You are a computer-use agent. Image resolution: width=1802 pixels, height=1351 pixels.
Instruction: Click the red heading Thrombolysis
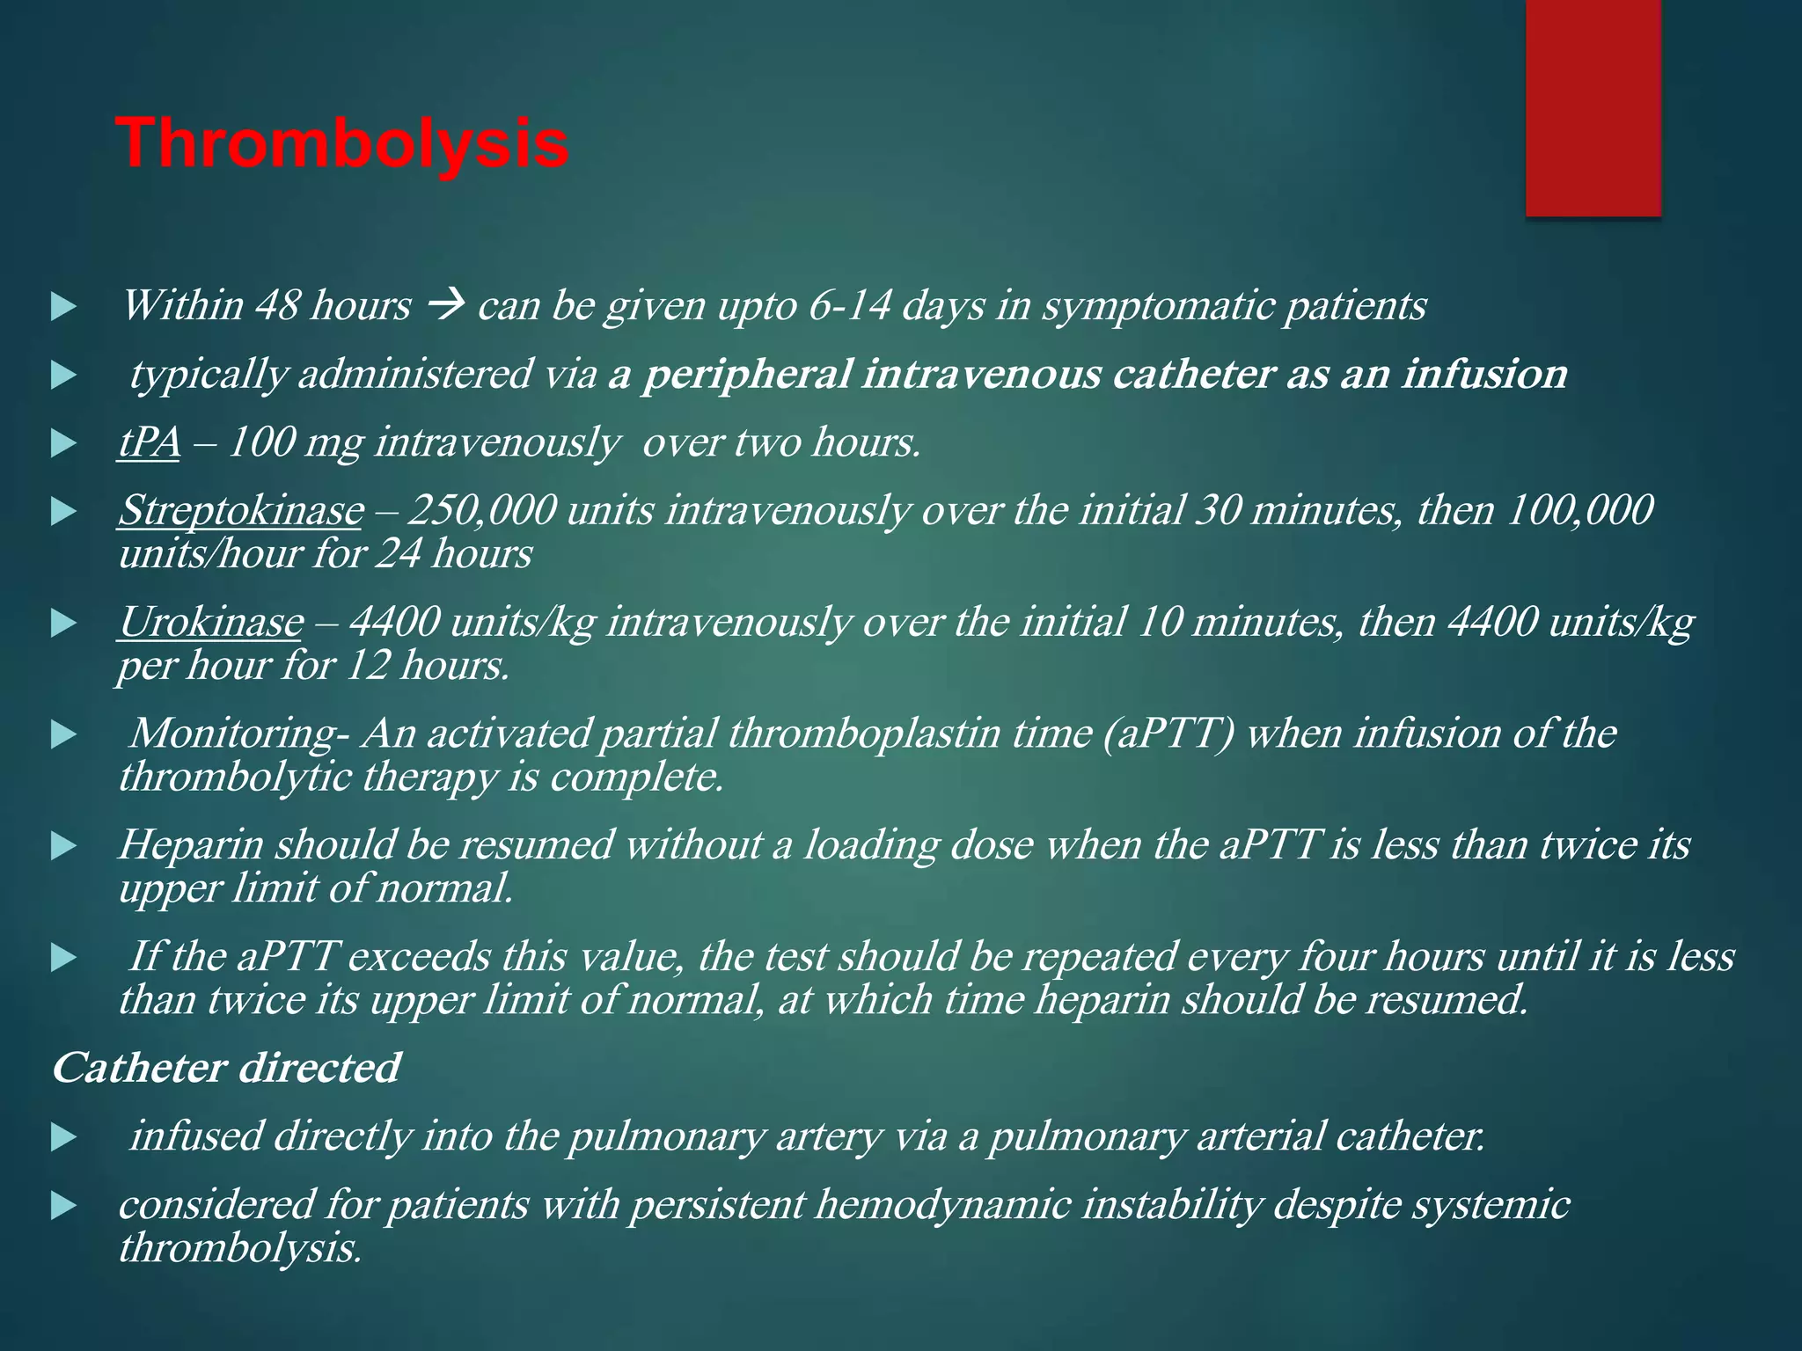tap(342, 144)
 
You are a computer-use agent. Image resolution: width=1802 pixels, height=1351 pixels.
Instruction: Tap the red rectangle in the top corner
tap(1593, 107)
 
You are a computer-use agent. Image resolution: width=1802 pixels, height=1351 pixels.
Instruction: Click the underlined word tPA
tap(149, 442)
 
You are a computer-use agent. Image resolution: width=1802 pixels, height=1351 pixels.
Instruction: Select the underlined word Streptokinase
tap(240, 511)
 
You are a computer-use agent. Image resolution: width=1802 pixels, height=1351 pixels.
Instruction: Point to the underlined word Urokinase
tap(210, 623)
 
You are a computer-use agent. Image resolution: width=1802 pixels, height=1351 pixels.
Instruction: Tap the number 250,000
tap(482, 511)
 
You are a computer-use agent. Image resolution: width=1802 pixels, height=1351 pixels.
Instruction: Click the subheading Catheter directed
tap(226, 1069)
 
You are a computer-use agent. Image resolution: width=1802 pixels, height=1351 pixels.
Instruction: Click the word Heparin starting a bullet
tap(191, 845)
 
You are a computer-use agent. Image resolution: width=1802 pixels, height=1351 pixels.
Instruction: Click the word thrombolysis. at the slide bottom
tap(240, 1247)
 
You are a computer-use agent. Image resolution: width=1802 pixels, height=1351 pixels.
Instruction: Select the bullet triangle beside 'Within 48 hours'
tap(63, 308)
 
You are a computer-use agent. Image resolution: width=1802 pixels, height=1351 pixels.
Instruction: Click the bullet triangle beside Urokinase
tap(63, 624)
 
